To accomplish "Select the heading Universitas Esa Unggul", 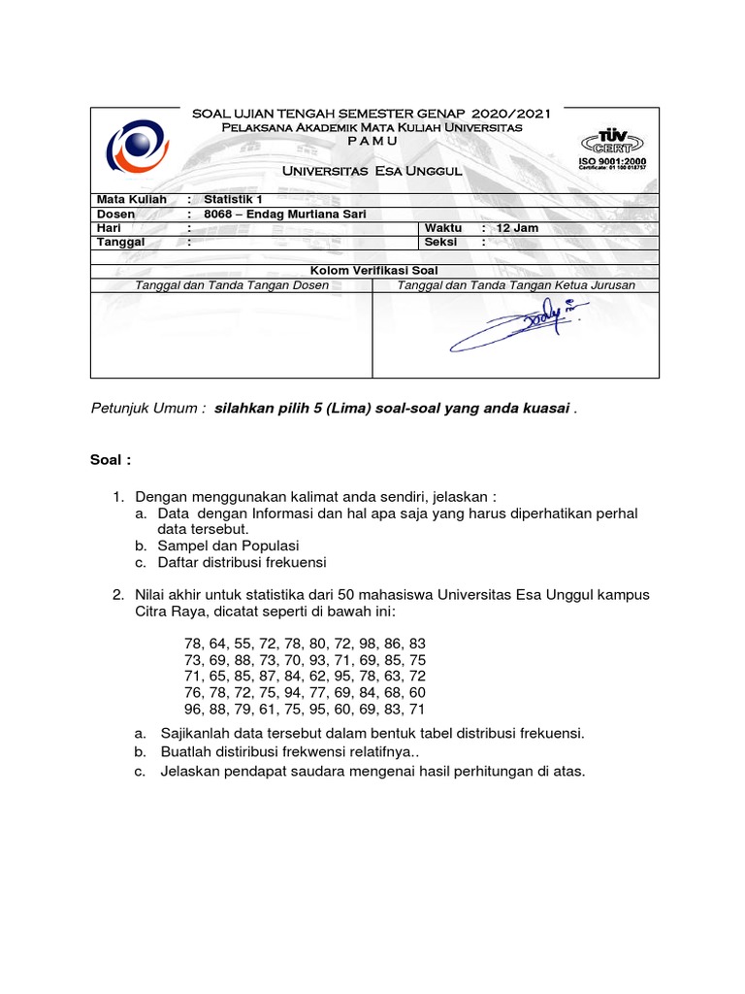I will click(372, 171).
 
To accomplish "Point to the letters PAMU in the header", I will click(372, 142).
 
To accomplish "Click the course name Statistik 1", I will click(233, 199).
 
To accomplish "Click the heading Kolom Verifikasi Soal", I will click(374, 270).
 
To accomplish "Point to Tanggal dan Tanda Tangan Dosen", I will click(232, 284).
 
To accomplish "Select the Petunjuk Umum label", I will click(147, 410).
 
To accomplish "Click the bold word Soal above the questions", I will click(109, 458).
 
